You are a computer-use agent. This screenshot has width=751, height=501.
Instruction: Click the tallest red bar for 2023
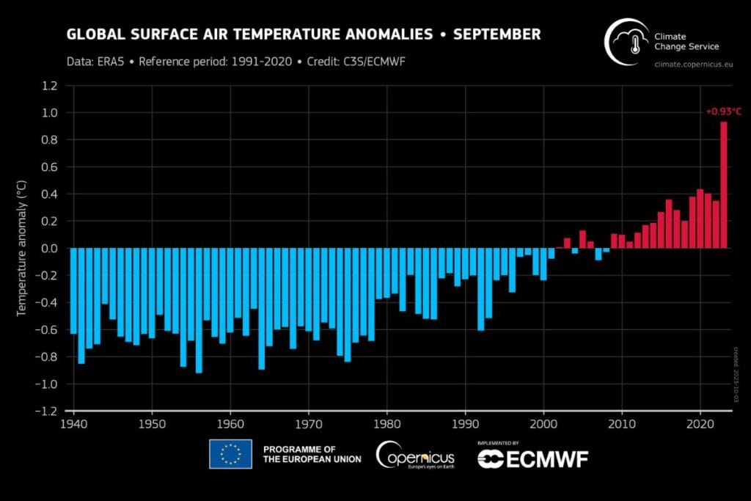[x=723, y=185]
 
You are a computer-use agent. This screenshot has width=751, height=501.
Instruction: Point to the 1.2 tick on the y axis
[x=49, y=86]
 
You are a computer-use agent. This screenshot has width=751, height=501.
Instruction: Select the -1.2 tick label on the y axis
[x=47, y=412]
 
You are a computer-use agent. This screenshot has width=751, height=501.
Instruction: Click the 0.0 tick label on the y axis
[x=49, y=249]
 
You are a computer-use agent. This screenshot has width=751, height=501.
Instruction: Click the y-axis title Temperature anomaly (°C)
[x=22, y=249]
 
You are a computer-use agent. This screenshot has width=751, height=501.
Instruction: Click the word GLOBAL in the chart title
[x=92, y=34]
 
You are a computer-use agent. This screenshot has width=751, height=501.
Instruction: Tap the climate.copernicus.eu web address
[x=692, y=65]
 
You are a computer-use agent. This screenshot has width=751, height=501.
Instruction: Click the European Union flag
[x=230, y=454]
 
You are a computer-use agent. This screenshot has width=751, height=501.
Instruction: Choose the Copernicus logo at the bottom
[x=414, y=456]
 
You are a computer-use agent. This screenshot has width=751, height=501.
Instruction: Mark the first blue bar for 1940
[x=73, y=291]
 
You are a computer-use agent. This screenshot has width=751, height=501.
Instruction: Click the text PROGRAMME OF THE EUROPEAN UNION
[x=311, y=454]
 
